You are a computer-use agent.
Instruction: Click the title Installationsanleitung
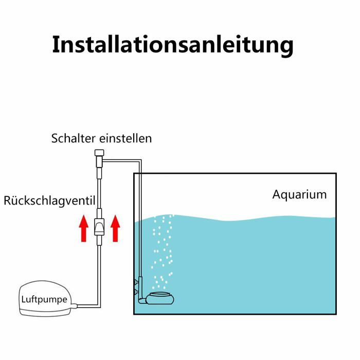173,45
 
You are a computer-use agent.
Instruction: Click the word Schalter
73,138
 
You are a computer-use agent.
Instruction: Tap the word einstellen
125,138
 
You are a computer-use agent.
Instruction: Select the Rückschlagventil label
49,201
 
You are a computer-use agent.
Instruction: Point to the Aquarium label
299,195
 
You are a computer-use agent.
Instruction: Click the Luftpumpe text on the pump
44,300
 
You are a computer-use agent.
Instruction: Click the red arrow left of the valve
83,228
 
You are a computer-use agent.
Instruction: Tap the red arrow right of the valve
115,228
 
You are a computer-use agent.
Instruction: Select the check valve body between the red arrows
99,227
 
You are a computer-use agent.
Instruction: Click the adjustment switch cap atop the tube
99,153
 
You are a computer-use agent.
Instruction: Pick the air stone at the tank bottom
160,298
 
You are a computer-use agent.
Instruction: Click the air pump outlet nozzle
74,305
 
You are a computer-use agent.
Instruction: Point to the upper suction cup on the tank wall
136,281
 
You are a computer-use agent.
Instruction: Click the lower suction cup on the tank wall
136,292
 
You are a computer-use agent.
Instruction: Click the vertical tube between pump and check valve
99,276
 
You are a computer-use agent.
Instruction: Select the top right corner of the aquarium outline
336,174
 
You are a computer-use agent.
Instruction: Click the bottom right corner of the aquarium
336,314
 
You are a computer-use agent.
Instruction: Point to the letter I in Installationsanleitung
56,45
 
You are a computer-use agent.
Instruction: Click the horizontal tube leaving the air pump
88,306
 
